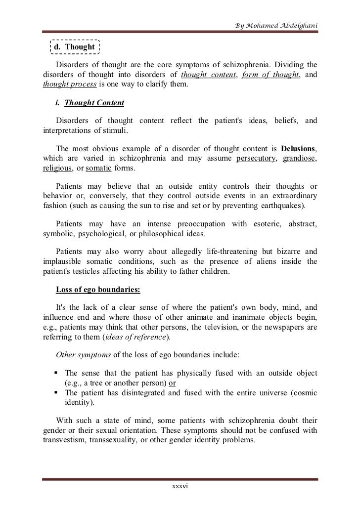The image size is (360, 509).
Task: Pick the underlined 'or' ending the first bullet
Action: click(172, 382)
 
